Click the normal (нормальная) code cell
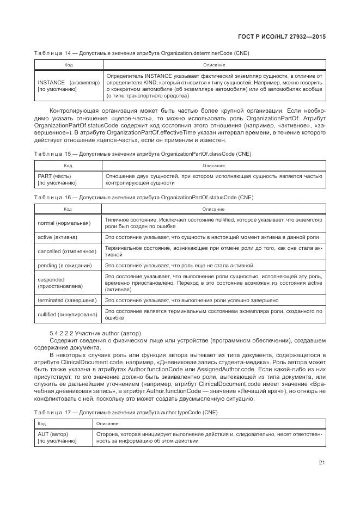tap(64, 223)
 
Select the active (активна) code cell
tap(57, 237)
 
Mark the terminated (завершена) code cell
tap(67, 300)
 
